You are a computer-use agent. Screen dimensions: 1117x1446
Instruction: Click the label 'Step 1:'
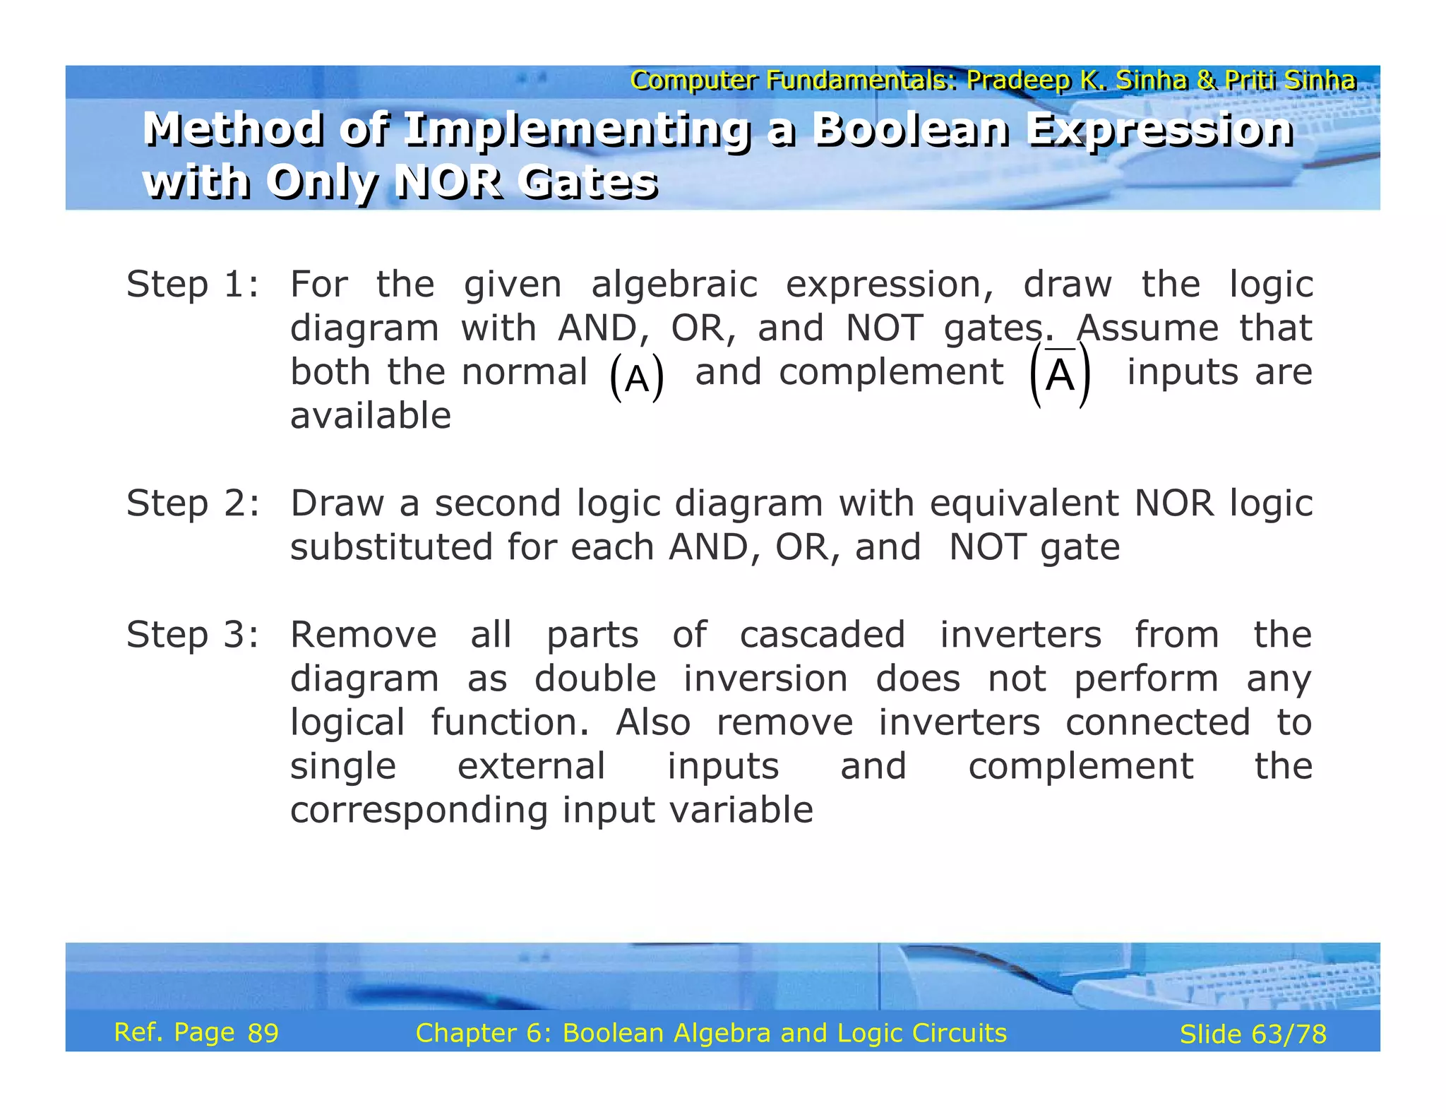(192, 285)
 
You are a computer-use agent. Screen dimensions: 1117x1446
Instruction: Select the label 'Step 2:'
(192, 503)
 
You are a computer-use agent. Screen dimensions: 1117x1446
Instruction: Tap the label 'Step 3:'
(192, 635)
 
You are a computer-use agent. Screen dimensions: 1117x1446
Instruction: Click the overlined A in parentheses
(1060, 375)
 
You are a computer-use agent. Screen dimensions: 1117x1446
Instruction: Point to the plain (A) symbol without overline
(637, 378)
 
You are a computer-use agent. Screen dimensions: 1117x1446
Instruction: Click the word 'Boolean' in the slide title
(911, 130)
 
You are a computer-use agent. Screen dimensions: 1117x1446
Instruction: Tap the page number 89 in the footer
(263, 1033)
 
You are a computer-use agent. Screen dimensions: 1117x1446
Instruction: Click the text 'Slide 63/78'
(1253, 1034)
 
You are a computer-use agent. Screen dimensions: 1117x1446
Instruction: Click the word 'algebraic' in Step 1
(674, 285)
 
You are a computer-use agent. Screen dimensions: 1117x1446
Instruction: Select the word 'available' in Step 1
(371, 416)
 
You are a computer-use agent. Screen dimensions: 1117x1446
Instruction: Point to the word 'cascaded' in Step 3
(822, 635)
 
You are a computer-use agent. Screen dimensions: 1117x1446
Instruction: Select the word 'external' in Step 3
(531, 766)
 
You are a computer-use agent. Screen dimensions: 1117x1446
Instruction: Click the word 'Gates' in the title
(587, 181)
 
